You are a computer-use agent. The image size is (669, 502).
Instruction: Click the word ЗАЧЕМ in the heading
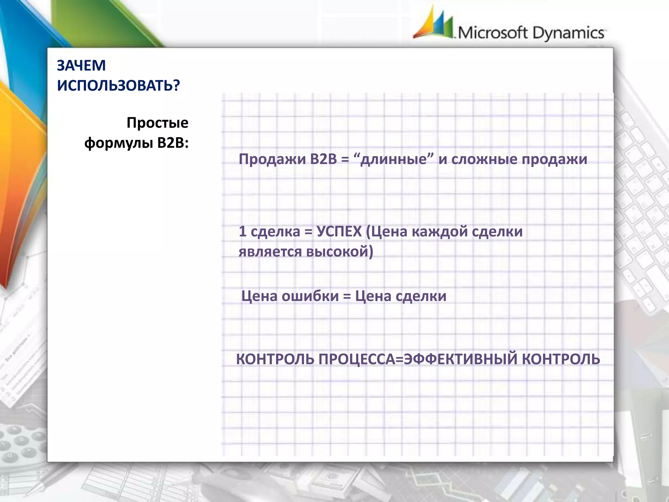coord(81,66)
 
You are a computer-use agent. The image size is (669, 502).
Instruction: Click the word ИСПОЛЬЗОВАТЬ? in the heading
coord(118,86)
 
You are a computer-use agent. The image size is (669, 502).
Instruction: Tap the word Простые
coord(157,123)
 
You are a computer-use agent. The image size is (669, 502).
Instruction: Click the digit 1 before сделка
coord(242,232)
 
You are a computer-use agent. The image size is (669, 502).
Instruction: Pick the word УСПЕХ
coord(339,232)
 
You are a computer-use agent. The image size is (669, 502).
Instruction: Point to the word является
coord(270,252)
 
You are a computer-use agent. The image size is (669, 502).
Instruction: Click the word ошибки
coord(310,296)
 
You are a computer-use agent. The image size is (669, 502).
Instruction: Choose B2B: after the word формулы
coord(173,143)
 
